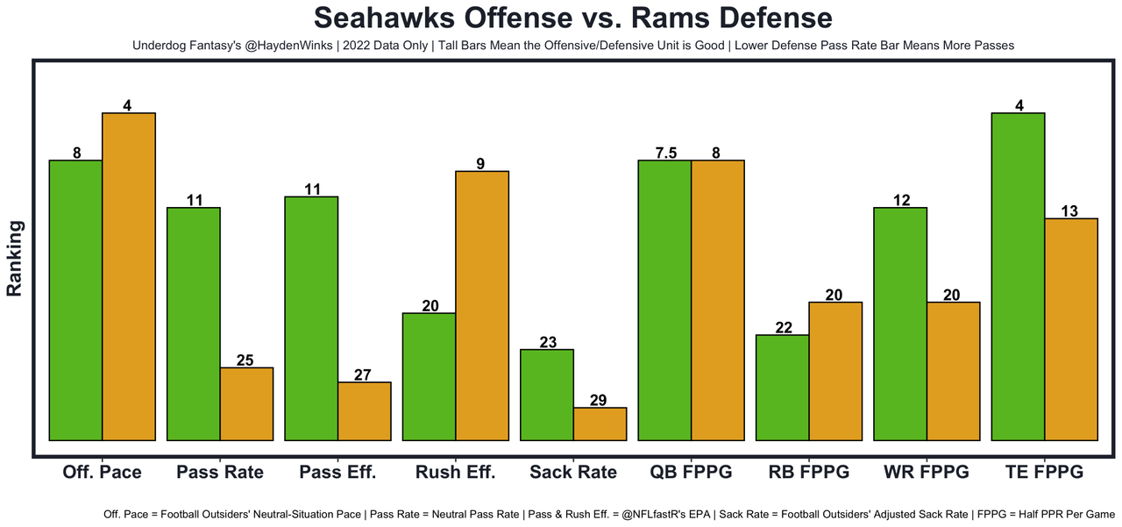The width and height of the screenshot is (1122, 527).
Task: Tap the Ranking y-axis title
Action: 15,258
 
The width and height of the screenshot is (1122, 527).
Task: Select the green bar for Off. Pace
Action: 76,300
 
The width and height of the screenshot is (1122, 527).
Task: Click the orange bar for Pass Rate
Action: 246,403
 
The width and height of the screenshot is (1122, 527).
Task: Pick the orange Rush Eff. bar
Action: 482,305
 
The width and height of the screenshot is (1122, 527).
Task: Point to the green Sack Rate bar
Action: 547,395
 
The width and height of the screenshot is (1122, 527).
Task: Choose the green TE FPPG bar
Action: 1018,276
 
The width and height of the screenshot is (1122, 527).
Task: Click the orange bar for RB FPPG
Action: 835,371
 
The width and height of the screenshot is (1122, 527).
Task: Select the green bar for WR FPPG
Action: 900,324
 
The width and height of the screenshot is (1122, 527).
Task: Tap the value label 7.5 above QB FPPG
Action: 665,153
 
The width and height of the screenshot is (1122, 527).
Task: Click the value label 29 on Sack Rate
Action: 600,401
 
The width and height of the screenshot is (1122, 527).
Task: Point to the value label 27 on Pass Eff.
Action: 364,375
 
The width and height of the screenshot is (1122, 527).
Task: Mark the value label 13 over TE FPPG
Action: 1070,211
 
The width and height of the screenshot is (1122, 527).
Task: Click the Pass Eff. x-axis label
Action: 337,473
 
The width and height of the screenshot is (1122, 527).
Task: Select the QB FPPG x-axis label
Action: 692,473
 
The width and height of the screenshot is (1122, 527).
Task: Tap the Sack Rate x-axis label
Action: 573,473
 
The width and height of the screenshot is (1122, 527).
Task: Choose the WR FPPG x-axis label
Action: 927,473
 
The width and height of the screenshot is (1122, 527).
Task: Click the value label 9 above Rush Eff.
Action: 481,164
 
